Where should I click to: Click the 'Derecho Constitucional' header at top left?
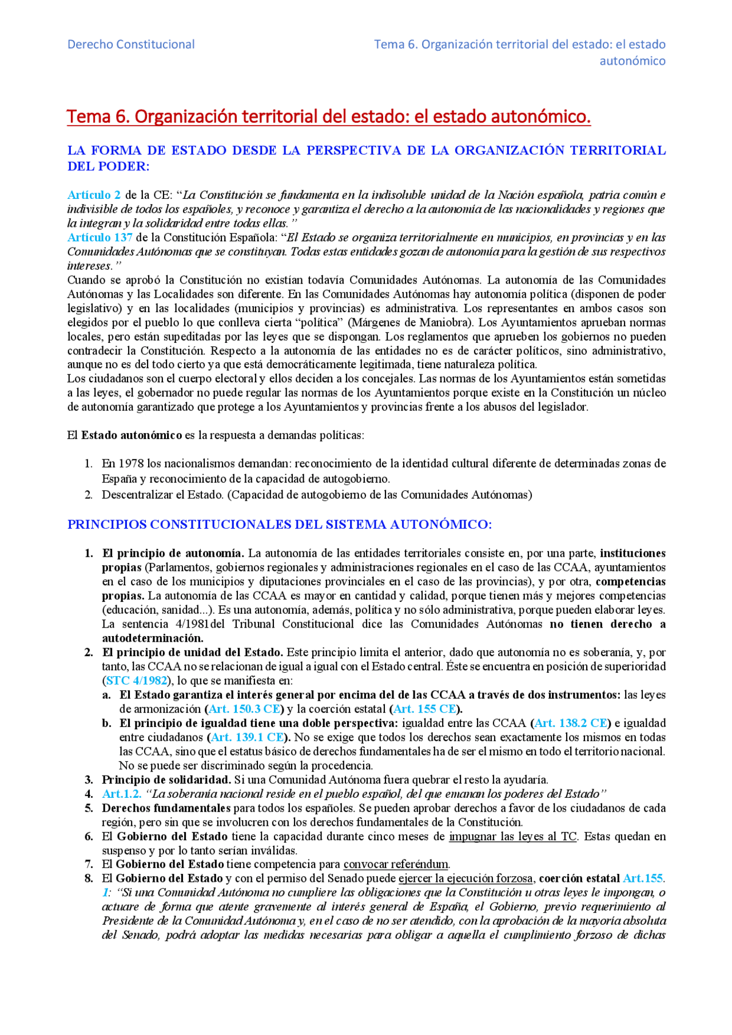click(x=131, y=44)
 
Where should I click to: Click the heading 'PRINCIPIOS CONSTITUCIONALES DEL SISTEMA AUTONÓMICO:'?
click(x=280, y=525)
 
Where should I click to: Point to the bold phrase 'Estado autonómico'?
click(x=132, y=435)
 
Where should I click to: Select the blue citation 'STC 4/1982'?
click(x=137, y=681)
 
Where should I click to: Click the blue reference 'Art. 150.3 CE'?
click(x=244, y=709)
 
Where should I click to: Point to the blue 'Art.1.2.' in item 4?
click(x=122, y=794)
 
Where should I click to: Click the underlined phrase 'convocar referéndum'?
click(x=396, y=864)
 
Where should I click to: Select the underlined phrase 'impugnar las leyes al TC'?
click(x=512, y=837)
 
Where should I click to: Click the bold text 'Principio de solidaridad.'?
click(x=166, y=780)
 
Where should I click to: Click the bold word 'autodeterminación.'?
click(x=153, y=638)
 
